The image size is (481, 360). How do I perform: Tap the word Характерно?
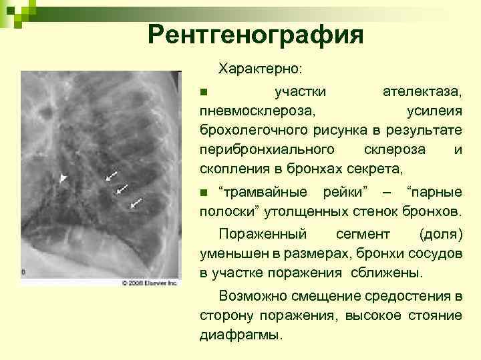(x=260, y=69)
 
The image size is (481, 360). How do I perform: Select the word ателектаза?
(x=422, y=90)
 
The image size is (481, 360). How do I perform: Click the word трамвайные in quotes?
(x=263, y=193)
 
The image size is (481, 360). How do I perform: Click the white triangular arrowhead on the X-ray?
(x=63, y=178)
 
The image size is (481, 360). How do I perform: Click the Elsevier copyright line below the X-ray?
(x=150, y=283)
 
